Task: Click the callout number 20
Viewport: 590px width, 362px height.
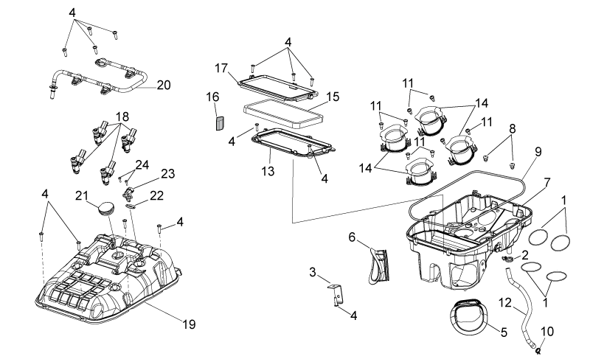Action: tap(164, 85)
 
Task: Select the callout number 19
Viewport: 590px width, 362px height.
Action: tap(189, 324)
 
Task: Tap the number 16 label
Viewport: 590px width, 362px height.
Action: tap(212, 97)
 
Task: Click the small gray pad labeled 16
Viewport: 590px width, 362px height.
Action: tap(220, 123)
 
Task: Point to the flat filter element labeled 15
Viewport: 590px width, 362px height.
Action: tap(284, 114)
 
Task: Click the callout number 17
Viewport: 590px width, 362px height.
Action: tap(221, 68)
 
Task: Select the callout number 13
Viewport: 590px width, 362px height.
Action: tap(268, 171)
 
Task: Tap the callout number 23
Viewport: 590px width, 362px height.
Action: tap(168, 174)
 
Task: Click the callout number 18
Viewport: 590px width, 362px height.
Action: tap(122, 116)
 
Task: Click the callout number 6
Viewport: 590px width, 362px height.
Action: tap(352, 237)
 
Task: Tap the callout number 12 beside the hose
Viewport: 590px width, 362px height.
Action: tap(505, 302)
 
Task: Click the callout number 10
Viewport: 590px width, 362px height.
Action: tap(547, 332)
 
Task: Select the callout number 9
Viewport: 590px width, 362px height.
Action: tap(538, 152)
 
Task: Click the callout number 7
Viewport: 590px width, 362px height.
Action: tap(546, 184)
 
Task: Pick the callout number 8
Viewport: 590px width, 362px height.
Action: tap(512, 129)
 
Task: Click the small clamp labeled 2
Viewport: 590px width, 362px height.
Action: tap(507, 258)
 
